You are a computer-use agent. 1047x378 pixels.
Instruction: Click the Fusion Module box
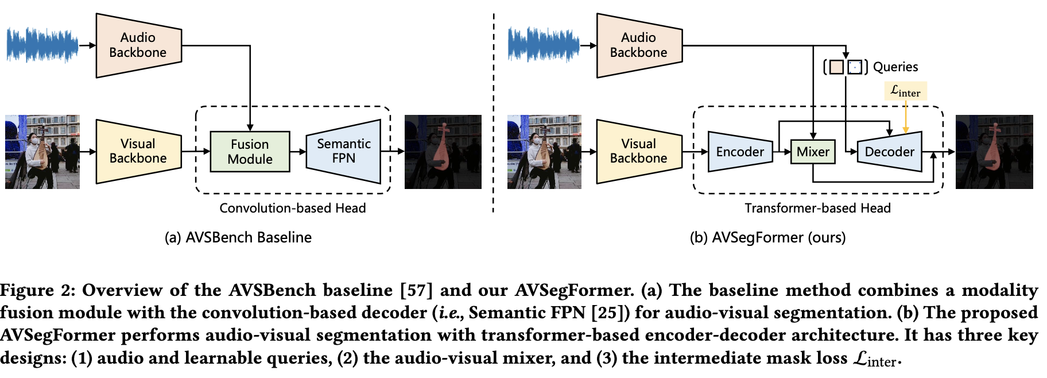point(250,152)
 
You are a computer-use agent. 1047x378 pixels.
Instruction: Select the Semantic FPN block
point(343,151)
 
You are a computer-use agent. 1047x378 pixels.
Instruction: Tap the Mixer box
point(813,152)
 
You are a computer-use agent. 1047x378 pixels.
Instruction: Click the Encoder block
point(740,152)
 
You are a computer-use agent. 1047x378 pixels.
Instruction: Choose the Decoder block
point(889,152)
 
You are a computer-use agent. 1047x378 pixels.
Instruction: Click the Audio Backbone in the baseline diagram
point(138,45)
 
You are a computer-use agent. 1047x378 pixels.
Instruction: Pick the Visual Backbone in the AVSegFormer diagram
point(638,151)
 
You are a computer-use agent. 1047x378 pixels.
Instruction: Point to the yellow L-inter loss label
point(905,91)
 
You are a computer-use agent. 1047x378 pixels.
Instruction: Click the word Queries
point(895,67)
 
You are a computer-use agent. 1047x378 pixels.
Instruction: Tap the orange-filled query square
point(836,67)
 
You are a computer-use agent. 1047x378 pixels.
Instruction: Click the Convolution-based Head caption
point(293,208)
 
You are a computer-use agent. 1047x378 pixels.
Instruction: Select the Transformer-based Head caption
point(817,208)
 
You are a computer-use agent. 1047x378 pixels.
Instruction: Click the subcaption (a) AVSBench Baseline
point(238,237)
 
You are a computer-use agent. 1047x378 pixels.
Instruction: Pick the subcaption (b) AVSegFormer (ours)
point(767,237)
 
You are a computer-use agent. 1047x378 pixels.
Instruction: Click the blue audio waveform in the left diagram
point(42,45)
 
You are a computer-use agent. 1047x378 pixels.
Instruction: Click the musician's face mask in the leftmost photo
point(34,141)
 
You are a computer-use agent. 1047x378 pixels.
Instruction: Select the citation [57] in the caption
point(416,290)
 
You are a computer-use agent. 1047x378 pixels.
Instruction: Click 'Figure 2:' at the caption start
point(37,290)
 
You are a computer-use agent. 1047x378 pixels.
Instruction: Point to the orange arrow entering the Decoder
point(905,118)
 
